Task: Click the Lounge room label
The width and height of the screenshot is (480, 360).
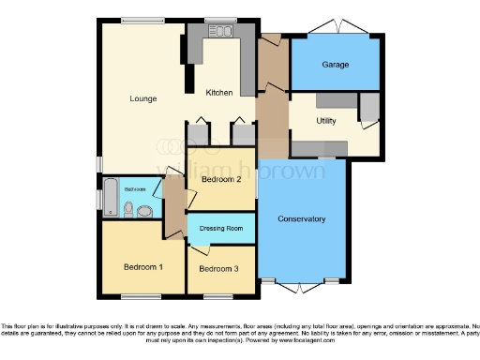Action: pos(142,98)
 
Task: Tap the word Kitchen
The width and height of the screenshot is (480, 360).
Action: pos(220,93)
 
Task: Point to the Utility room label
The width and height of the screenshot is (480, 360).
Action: pos(325,121)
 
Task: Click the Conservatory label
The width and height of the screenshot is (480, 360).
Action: pos(302,219)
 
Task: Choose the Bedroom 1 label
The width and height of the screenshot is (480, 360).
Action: pos(142,266)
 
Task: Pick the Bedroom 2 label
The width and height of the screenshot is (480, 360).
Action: pos(220,179)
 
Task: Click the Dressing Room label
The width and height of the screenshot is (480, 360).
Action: pos(221,228)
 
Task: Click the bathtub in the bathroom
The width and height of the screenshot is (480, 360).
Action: pos(110,198)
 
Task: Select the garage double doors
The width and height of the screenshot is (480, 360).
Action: pos(338,24)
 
